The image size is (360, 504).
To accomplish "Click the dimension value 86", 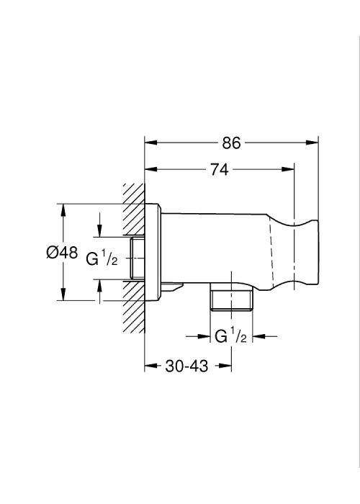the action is pyautogui.click(x=231, y=143).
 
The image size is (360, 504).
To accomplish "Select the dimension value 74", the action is pyautogui.click(x=220, y=169).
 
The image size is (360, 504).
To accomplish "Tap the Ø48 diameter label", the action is pyautogui.click(x=62, y=252).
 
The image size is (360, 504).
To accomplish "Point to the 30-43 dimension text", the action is pyautogui.click(x=186, y=366).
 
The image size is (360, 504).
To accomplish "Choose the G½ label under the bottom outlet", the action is pyautogui.click(x=230, y=336).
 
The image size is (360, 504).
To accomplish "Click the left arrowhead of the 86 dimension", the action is pyautogui.click(x=150, y=143).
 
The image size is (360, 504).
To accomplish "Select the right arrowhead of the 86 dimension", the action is pyautogui.click(x=312, y=143).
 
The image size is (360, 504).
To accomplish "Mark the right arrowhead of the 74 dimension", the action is pyautogui.click(x=288, y=169).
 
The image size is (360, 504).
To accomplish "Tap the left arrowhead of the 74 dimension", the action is pyautogui.click(x=150, y=169).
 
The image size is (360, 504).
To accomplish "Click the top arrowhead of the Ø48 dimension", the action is pyautogui.click(x=63, y=210).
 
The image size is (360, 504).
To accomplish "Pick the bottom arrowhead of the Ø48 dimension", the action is pyautogui.click(x=63, y=294).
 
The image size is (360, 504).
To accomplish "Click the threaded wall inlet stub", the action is pyautogui.click(x=138, y=258).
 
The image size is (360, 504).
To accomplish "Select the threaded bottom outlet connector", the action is pyautogui.click(x=231, y=300).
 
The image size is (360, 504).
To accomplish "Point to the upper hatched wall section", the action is pyautogui.click(x=134, y=210).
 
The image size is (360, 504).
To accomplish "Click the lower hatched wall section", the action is pyautogui.click(x=134, y=306).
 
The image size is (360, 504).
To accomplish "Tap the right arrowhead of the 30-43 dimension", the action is pyautogui.click(x=225, y=366).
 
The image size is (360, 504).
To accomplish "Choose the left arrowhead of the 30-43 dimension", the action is pyautogui.click(x=150, y=366).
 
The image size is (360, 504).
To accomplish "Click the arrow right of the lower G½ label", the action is pyautogui.click(x=265, y=336).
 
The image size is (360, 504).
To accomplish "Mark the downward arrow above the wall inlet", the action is pyautogui.click(x=100, y=225).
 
